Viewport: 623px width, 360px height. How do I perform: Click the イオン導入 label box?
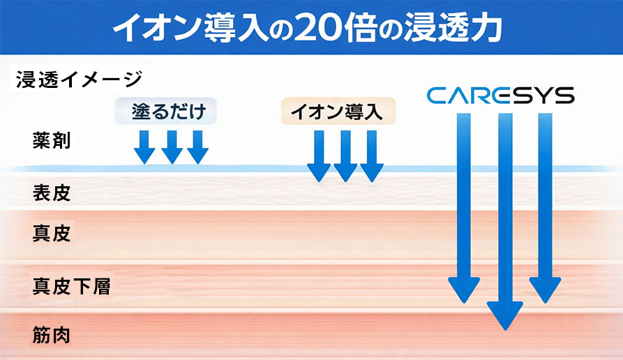(x=338, y=112)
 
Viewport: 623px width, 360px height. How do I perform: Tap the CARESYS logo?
(x=500, y=96)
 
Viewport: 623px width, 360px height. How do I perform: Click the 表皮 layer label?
(x=52, y=192)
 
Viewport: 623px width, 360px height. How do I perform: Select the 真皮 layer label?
(x=52, y=233)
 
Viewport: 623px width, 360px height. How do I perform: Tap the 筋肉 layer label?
(x=52, y=336)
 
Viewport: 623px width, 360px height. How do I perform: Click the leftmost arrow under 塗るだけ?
(x=144, y=146)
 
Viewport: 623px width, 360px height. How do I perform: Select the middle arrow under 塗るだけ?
(x=171, y=146)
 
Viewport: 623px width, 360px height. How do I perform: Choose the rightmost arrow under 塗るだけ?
(x=198, y=146)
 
